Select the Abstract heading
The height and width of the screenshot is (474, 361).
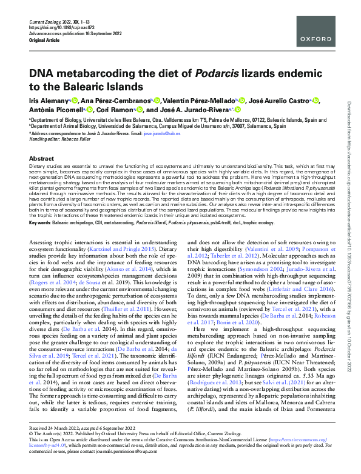41,158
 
